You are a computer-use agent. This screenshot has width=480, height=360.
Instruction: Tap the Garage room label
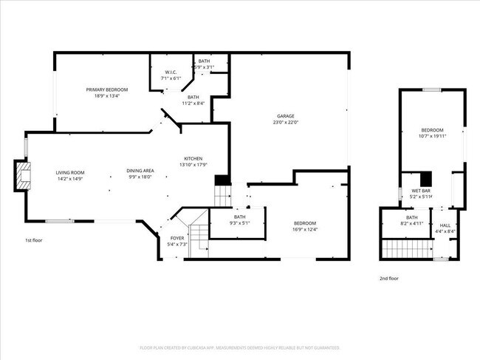coord(286,116)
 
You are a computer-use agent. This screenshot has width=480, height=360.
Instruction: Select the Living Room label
coord(71,172)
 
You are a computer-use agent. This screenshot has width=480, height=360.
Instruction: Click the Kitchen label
coord(193,159)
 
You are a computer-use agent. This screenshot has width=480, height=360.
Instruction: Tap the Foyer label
coord(178,237)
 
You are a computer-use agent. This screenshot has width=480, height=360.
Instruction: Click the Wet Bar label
coord(411,190)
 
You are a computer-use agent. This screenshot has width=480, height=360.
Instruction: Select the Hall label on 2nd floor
coord(445,225)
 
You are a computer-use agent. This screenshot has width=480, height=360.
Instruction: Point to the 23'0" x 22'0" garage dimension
coord(286,123)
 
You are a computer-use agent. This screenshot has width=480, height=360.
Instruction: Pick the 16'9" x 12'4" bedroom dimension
coord(305,229)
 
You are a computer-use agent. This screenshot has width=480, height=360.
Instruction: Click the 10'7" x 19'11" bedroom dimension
coord(433,136)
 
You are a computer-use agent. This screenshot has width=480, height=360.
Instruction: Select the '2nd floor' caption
coord(388,278)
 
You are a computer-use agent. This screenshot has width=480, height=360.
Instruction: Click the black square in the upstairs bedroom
coord(425,179)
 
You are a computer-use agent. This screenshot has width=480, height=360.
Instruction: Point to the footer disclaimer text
coord(239,347)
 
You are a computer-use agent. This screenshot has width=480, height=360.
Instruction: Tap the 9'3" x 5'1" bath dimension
coord(240,223)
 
